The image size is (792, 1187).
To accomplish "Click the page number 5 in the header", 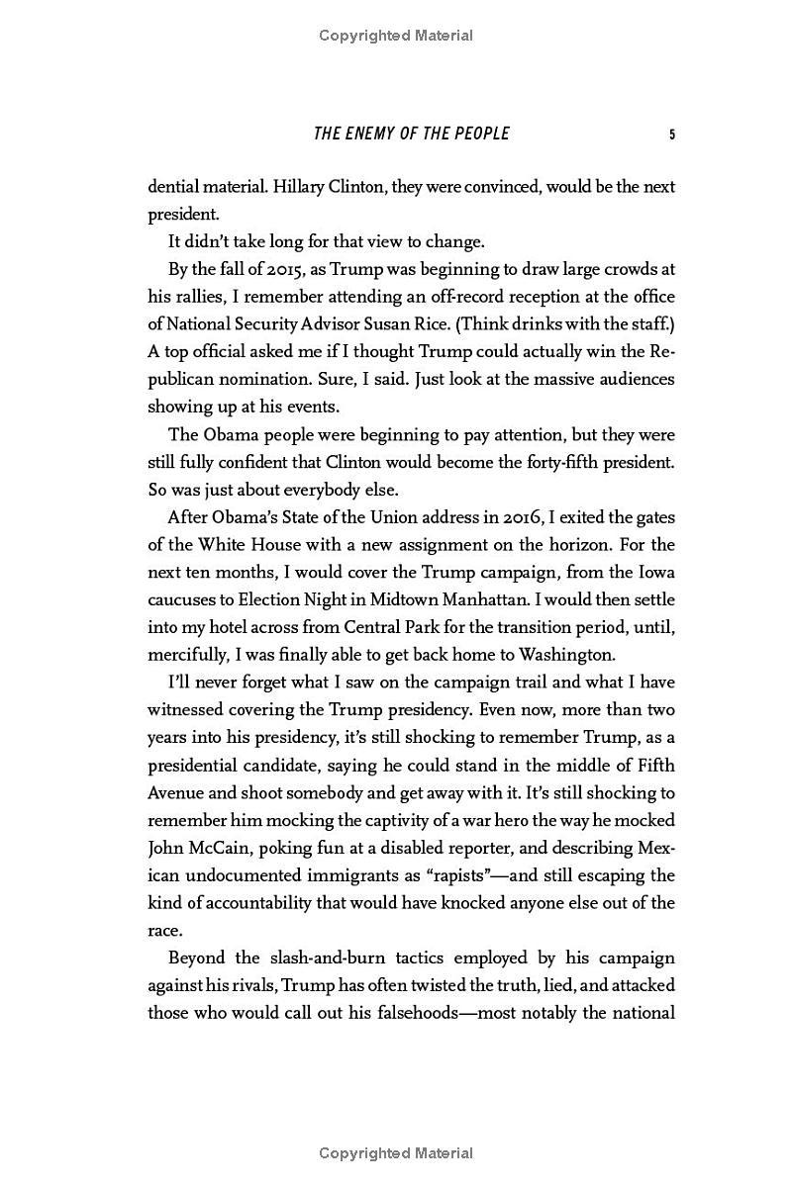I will (672, 134).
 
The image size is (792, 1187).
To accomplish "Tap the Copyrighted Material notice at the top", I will (396, 36).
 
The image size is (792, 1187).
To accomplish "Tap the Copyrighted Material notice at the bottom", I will (396, 1153).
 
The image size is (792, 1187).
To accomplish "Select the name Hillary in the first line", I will (300, 187).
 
